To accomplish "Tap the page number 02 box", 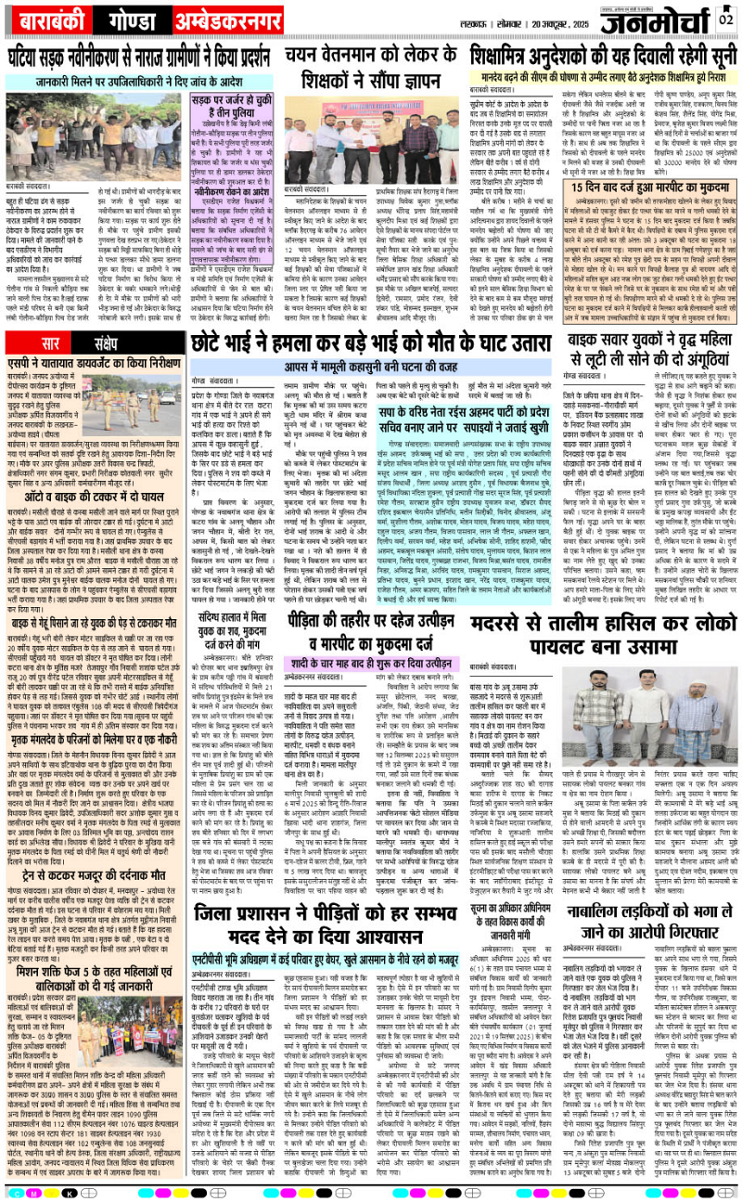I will tap(726, 18).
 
